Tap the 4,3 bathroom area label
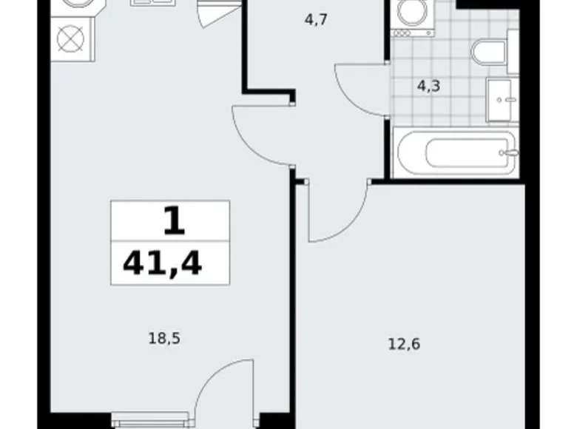pyautogui.click(x=428, y=86)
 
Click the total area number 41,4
pyautogui.click(x=162, y=263)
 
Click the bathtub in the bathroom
pyautogui.click(x=455, y=153)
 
